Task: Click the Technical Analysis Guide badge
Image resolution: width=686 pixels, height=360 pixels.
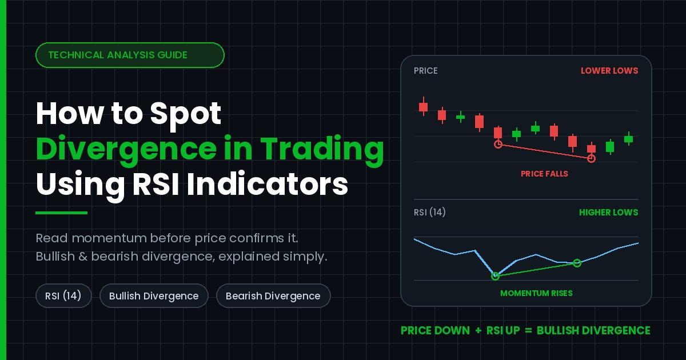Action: tap(130, 55)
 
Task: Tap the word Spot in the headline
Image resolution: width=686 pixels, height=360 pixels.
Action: tap(186, 114)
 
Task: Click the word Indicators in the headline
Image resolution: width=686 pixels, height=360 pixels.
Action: tap(267, 184)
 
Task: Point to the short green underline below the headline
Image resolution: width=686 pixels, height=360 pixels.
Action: tap(62, 213)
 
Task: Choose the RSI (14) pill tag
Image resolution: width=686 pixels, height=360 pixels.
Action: tap(63, 296)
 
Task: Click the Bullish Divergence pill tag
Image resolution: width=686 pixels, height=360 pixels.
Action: tap(154, 296)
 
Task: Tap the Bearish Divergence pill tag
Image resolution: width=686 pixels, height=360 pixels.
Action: tap(273, 296)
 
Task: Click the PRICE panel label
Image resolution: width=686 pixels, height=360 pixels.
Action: tap(425, 71)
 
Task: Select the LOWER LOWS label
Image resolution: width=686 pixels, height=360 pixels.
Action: tap(609, 71)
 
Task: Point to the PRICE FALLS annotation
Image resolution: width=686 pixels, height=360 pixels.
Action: tap(544, 174)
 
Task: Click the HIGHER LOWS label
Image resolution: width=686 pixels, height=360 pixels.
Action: tap(608, 213)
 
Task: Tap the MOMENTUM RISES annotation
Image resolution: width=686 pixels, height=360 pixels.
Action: tap(536, 293)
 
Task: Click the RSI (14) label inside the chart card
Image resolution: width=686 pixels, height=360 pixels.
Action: tap(429, 212)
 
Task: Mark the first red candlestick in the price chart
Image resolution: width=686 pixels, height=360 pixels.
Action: tap(423, 107)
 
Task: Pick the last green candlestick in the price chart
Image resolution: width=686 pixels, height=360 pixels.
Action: tap(628, 139)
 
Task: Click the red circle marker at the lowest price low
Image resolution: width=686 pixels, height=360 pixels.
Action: tap(591, 159)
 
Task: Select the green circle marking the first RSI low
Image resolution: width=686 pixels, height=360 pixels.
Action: tap(495, 276)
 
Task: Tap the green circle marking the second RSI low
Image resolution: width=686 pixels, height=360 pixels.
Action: tap(577, 263)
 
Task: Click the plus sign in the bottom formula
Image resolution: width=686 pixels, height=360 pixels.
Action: tap(478, 331)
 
